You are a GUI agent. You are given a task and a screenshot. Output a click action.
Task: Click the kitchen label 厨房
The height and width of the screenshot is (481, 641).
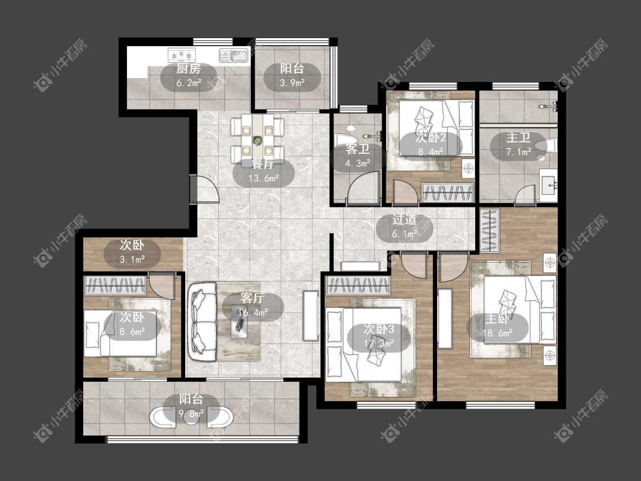[x=189, y=69]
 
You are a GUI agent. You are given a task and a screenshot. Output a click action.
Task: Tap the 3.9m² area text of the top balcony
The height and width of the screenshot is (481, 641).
[x=292, y=83]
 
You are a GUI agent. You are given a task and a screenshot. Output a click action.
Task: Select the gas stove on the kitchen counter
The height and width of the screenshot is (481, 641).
[x=182, y=54]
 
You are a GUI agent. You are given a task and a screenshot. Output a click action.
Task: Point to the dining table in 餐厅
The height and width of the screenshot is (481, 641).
[x=258, y=136]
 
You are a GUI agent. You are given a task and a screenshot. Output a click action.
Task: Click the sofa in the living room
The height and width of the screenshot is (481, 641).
[x=202, y=321]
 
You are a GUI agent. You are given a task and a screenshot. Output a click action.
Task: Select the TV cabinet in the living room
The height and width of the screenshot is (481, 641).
[x=311, y=316]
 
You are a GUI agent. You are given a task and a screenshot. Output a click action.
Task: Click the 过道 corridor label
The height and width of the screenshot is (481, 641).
[x=405, y=220]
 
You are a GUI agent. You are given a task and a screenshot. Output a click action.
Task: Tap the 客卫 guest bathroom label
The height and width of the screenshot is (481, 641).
[x=358, y=149]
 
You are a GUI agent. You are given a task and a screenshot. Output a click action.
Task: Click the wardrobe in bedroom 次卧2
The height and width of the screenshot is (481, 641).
[x=447, y=193]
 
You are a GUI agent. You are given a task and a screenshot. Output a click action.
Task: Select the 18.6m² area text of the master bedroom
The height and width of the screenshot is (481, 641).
[x=497, y=333]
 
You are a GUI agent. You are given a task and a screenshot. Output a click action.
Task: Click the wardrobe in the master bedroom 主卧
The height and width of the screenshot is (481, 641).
[x=489, y=230]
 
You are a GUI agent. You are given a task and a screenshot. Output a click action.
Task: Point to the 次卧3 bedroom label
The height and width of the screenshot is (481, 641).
[x=379, y=329]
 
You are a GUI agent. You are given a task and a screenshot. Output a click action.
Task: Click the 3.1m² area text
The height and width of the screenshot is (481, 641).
[x=132, y=259]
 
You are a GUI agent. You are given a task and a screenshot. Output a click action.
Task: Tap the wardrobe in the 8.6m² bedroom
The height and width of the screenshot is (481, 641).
[x=115, y=286]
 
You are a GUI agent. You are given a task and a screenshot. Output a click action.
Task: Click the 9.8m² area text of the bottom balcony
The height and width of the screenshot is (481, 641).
[x=191, y=414]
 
